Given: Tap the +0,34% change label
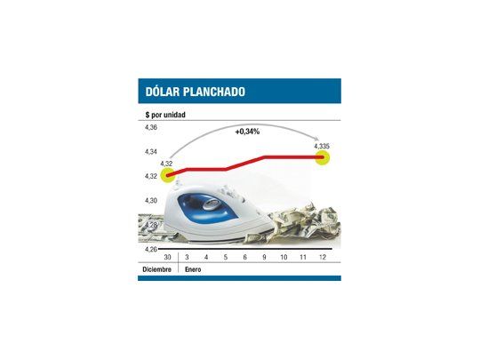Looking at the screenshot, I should (x=249, y=132).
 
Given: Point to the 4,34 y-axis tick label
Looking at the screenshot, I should (x=150, y=153).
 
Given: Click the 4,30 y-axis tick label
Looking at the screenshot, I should (x=150, y=201).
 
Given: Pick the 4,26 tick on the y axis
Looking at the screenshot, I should (x=150, y=249).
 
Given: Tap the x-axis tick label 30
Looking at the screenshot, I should (x=168, y=257).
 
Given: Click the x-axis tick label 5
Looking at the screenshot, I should (x=226, y=257).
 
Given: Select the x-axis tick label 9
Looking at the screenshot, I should (x=264, y=257).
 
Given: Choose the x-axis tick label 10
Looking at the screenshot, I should (x=284, y=257).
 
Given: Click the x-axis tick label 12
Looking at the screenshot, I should (x=322, y=257).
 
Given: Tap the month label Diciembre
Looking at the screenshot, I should (x=157, y=268).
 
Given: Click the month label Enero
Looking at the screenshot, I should (x=194, y=268).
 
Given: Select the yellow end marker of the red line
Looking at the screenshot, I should (x=323, y=158).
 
